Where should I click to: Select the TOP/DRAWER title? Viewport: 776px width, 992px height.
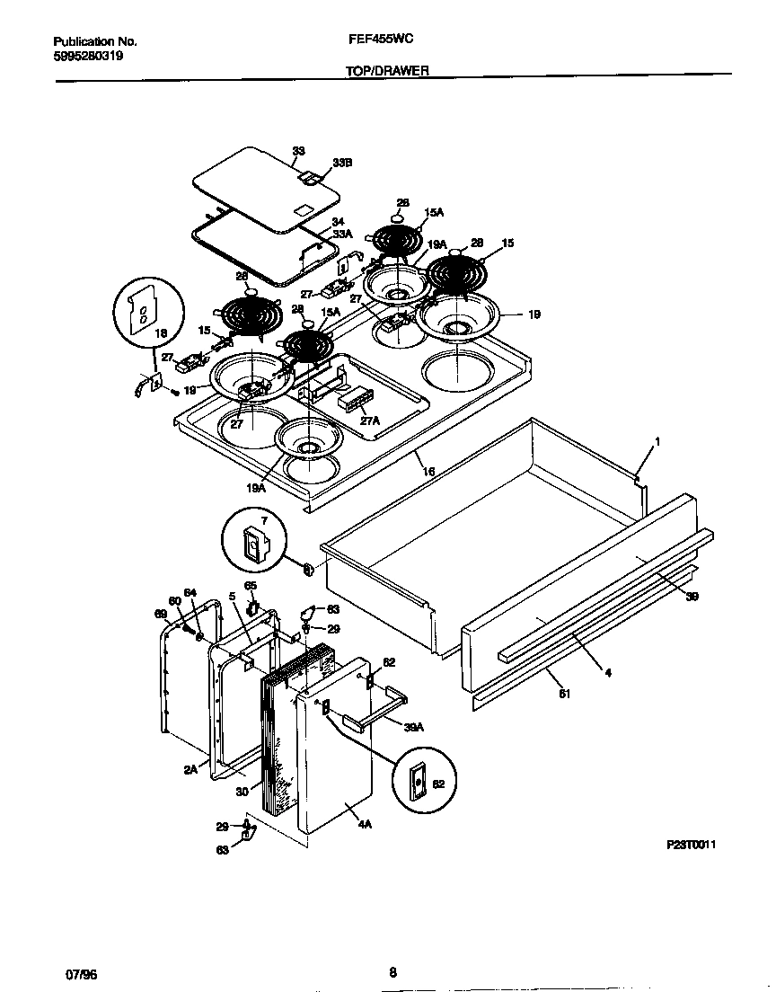point(387,69)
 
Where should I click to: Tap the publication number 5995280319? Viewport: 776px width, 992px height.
point(89,55)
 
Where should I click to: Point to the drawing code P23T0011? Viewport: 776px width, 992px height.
point(692,846)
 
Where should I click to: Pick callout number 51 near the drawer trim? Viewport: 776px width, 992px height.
point(563,693)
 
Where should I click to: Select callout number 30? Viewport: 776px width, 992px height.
point(242,791)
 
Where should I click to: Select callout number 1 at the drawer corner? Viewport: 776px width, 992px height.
point(657,441)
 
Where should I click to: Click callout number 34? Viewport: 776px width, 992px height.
point(338,221)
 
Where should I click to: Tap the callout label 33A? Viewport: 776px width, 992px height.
point(340,234)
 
